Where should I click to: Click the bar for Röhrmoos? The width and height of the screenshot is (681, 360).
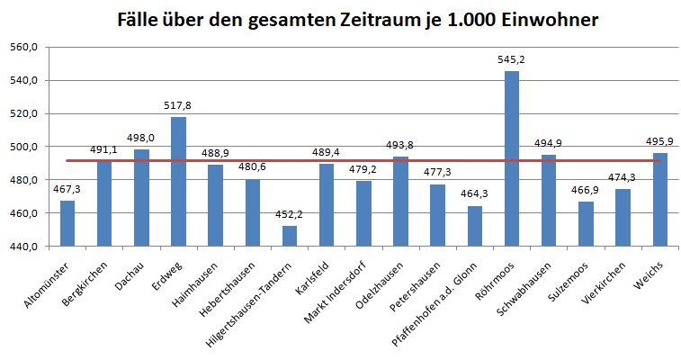point(511,158)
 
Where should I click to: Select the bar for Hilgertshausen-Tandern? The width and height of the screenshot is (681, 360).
point(289,236)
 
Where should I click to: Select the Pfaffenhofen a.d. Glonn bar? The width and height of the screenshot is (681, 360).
point(474,226)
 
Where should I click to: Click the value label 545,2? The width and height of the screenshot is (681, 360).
point(511,59)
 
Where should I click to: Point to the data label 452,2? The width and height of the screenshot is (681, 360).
point(289,214)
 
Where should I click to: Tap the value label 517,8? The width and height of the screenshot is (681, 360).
point(178,105)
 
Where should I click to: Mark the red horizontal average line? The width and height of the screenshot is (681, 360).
point(270,161)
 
